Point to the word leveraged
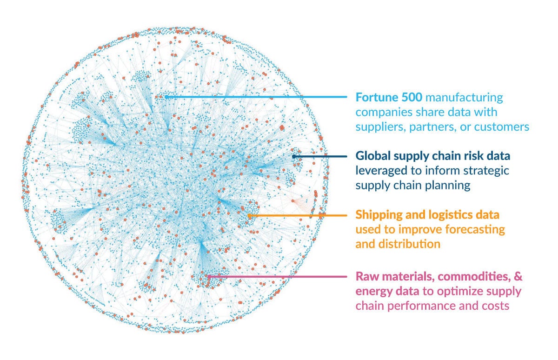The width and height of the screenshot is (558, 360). click(x=378, y=170)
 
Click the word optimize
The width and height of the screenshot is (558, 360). click(x=468, y=291)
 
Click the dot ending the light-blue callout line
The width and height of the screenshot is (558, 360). click(x=166, y=97)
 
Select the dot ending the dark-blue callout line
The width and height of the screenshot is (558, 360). click(x=294, y=156)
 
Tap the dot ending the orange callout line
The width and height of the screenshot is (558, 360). click(x=250, y=215)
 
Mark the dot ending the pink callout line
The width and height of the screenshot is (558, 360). click(x=208, y=276)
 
